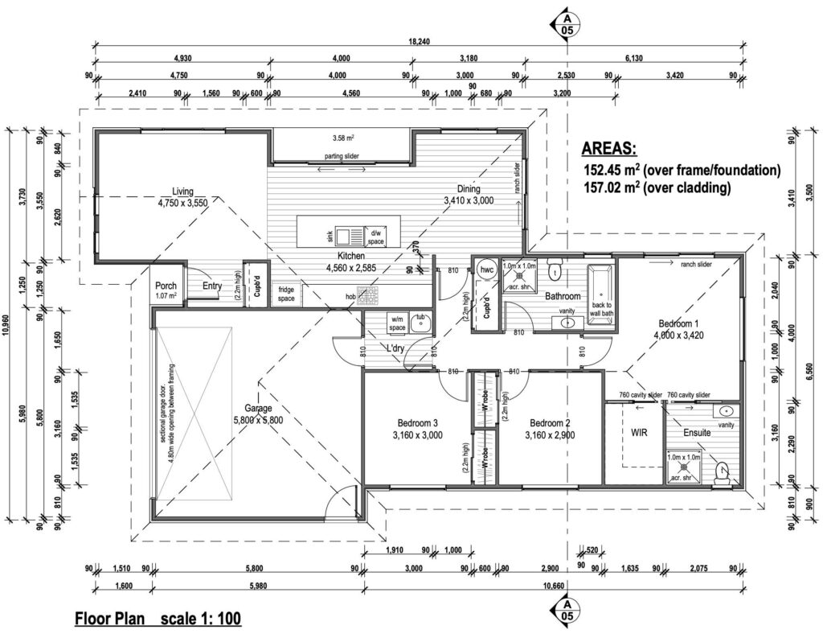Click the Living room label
coord(182,191)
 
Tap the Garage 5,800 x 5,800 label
coord(258,408)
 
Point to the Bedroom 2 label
coord(551,422)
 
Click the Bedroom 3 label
coord(418,422)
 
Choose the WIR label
coord(638,433)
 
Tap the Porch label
coord(166,285)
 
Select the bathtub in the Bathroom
coord(601,295)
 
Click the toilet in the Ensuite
coord(721,468)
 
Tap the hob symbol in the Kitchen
coord(366,296)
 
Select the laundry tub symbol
coord(420,323)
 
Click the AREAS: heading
coord(608,149)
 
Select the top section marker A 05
coord(568,23)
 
